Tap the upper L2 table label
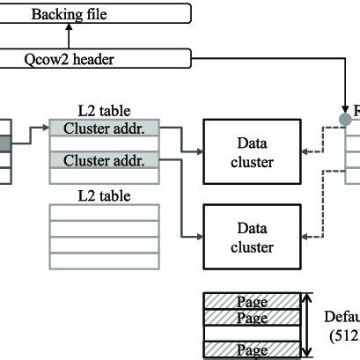(x=105, y=112)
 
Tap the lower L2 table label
(x=105, y=193)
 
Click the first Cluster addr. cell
(x=105, y=129)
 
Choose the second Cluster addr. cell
(x=105, y=160)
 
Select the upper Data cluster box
(x=252, y=151)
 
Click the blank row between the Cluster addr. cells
(x=105, y=144)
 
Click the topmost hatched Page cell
(x=252, y=300)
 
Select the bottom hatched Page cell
(x=252, y=350)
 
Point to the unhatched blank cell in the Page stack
(x=252, y=334)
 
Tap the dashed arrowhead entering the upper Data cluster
(x=304, y=151)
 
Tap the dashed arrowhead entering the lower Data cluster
(x=304, y=236)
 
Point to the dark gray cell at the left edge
(x=5, y=143)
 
